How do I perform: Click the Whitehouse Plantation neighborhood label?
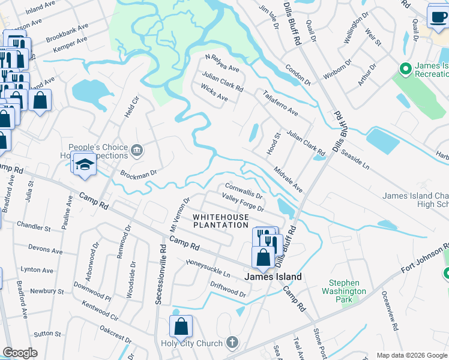pos(220,220)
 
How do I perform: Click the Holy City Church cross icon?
pos(232,343)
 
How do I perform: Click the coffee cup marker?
pos(438,16)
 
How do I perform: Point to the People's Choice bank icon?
pos(137,149)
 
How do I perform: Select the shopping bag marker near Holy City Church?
pos(181,327)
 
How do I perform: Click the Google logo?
pos(20,353)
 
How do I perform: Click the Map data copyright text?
pos(411,355)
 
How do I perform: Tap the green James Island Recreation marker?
pos(406,70)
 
